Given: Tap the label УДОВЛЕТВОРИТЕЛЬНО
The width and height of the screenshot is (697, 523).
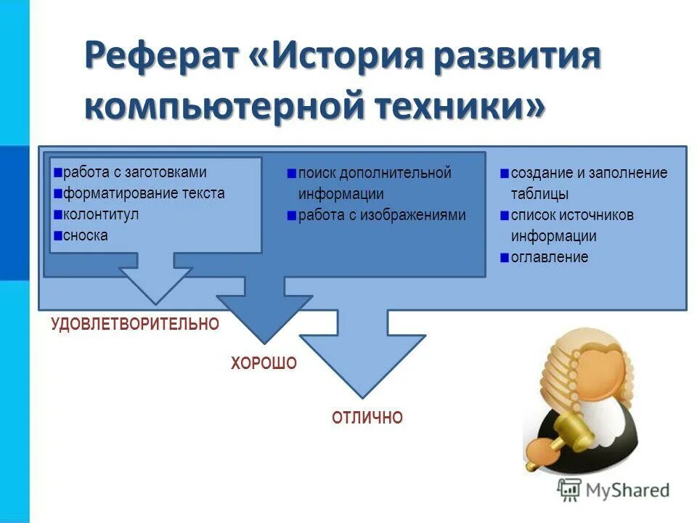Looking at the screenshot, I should [x=134, y=324].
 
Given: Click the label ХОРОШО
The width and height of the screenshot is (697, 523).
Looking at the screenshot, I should [x=264, y=364].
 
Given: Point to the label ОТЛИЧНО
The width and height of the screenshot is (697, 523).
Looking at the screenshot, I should [x=367, y=418].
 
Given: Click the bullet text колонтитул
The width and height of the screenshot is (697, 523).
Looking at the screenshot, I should [x=100, y=214].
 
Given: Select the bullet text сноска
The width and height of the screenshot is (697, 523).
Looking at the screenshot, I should [x=85, y=235].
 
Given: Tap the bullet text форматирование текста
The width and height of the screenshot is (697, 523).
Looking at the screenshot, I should [x=143, y=193].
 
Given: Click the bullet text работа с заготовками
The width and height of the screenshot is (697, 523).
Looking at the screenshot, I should [x=134, y=172].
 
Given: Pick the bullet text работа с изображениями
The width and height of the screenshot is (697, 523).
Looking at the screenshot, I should [x=381, y=215].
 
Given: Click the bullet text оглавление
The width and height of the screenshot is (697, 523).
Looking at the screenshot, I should [x=549, y=257].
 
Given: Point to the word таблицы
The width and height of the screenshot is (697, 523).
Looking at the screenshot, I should [x=539, y=194].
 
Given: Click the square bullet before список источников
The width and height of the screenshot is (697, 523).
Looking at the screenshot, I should [x=504, y=216].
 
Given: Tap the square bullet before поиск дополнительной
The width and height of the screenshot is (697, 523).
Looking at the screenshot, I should [x=291, y=174].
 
